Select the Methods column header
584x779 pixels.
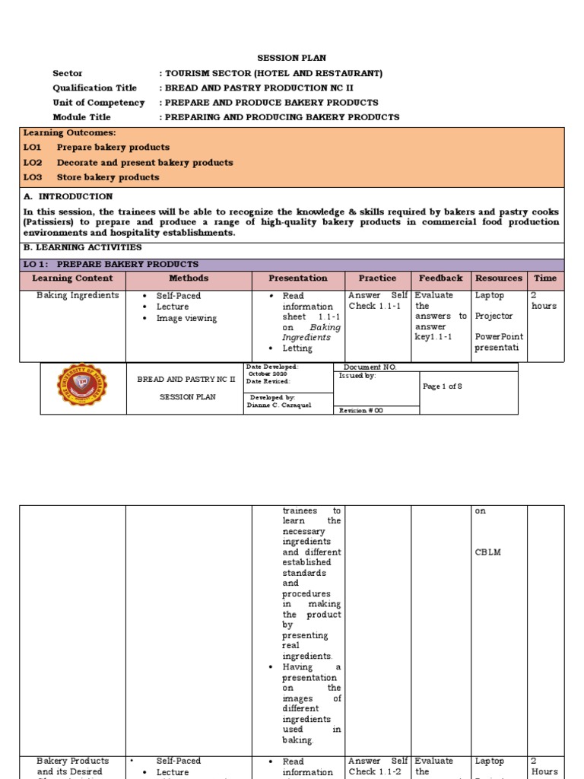pos(188,278)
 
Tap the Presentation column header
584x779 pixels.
pos(298,278)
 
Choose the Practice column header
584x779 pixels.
pos(377,278)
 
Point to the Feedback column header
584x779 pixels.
pos(440,278)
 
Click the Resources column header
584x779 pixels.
pos(498,278)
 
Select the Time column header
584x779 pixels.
pos(544,278)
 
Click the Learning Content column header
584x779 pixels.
pos(72,278)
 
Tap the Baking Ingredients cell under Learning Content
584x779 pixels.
pos(78,296)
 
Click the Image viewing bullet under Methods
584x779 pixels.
pos(186,319)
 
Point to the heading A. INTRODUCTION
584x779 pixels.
pos(68,196)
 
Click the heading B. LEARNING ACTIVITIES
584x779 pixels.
pos(82,248)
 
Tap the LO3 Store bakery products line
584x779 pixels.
pos(91,177)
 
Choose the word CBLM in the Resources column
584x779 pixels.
pos(487,552)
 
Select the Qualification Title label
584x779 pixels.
pos(94,88)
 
